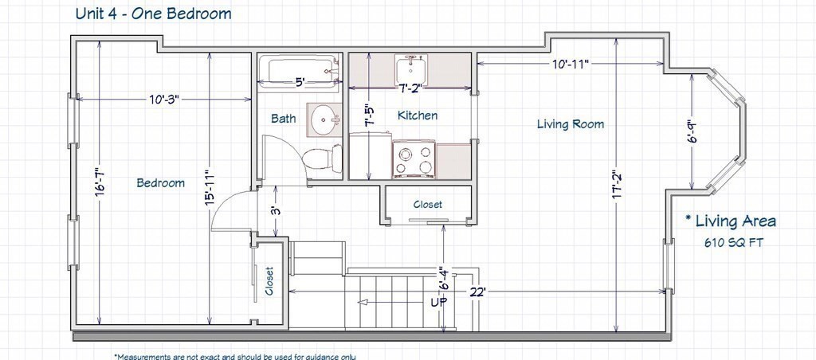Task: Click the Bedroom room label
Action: [160, 183]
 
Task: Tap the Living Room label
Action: [571, 123]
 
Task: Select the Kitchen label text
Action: [418, 115]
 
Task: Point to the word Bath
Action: [284, 119]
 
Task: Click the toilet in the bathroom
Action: [322, 158]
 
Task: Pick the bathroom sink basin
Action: [323, 119]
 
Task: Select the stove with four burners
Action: [414, 158]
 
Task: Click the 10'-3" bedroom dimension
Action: [164, 100]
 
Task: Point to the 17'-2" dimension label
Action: [617, 185]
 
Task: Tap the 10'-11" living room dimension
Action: [571, 64]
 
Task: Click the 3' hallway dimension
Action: [277, 211]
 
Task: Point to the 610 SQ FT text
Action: [734, 242]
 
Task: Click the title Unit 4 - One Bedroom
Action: [154, 14]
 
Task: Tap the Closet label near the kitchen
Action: [428, 205]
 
